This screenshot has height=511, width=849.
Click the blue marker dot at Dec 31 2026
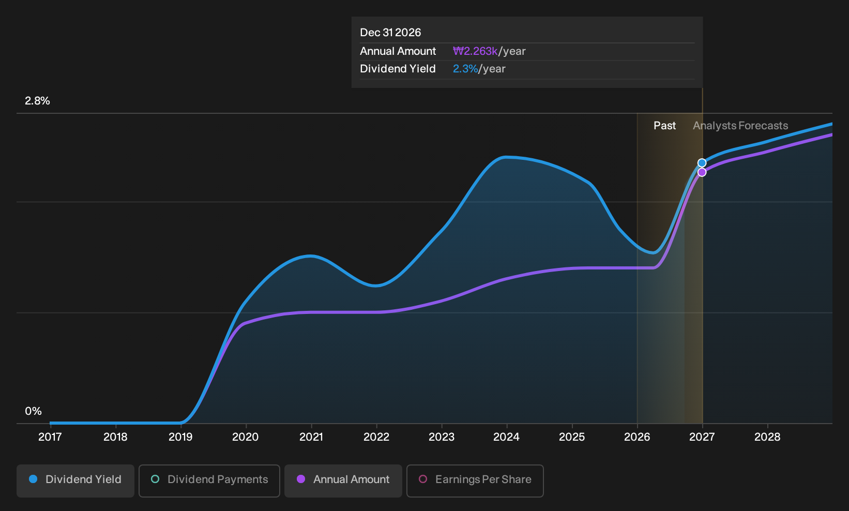(x=702, y=162)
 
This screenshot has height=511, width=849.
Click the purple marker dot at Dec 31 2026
(x=702, y=172)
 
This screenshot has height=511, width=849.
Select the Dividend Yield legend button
(x=75, y=480)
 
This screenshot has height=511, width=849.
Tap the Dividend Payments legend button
(x=209, y=480)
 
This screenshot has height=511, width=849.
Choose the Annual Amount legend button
(x=343, y=480)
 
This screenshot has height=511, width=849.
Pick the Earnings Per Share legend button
(x=475, y=480)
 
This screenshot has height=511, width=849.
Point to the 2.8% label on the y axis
(x=37, y=101)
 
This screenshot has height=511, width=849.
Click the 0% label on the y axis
(x=33, y=411)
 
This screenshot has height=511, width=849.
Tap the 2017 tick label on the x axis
(x=50, y=437)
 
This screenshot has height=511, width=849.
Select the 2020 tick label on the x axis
(x=246, y=437)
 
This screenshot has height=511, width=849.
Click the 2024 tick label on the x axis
(x=506, y=437)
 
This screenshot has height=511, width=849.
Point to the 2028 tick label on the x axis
(x=767, y=437)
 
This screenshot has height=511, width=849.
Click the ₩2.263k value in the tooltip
(x=475, y=51)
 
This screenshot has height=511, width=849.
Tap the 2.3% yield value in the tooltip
(x=465, y=69)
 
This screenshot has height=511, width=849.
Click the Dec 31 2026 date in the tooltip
(x=390, y=33)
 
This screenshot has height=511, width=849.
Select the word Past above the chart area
(x=665, y=126)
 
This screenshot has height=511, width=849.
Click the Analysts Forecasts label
(x=740, y=126)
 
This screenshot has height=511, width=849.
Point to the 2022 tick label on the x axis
(x=376, y=437)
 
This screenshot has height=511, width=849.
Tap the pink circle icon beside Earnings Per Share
(x=423, y=479)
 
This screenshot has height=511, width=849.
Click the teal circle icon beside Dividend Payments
(x=155, y=479)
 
